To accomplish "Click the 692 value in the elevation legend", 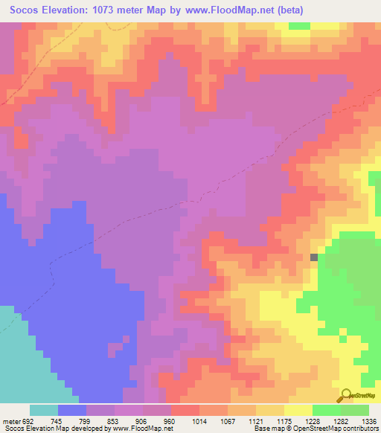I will coord(28,420).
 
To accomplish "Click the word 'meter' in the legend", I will coord(10,420).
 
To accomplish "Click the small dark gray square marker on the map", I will coord(314,257).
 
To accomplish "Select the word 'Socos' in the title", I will coord(22,10).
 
